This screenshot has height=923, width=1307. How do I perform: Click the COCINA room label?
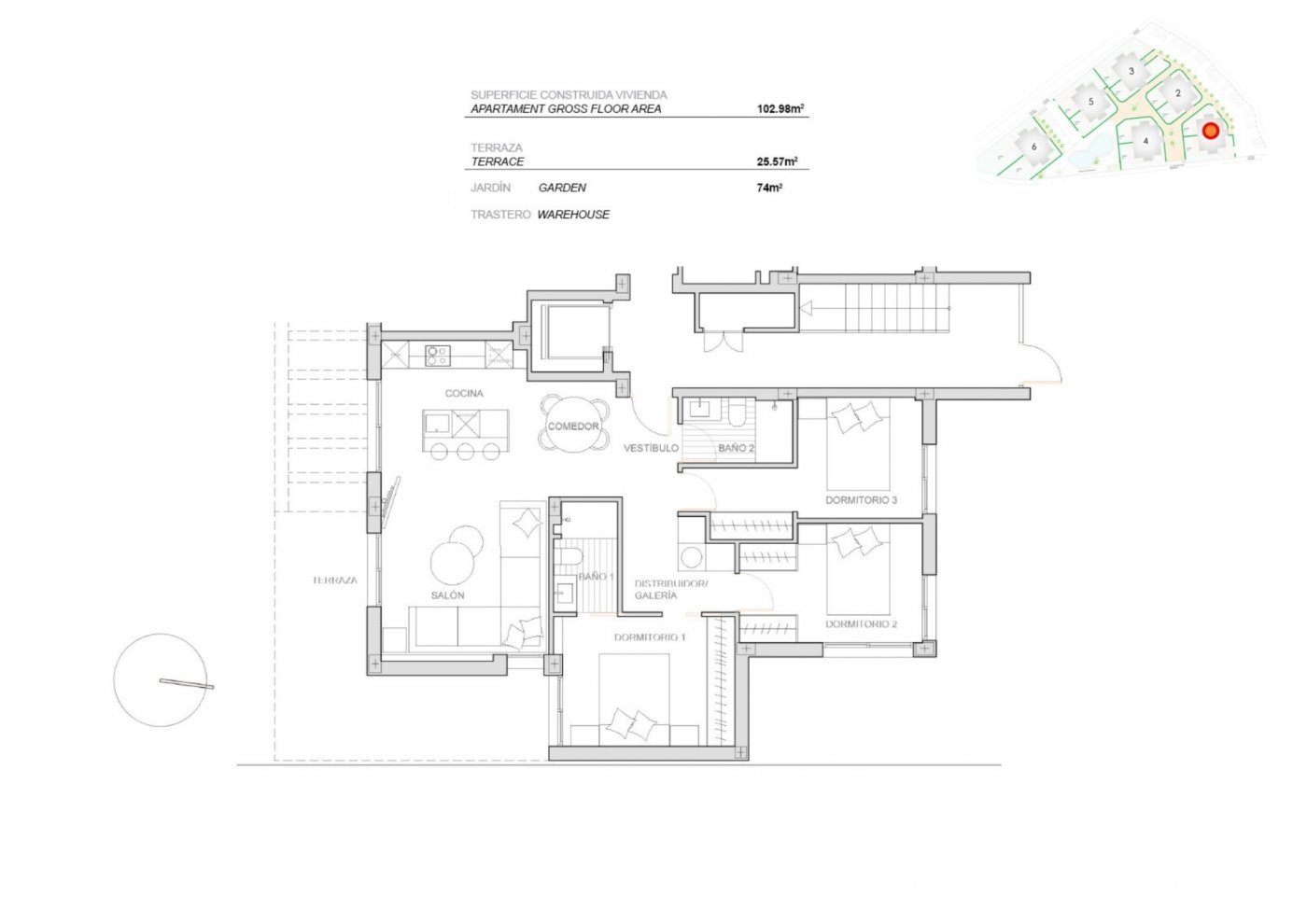tap(464, 394)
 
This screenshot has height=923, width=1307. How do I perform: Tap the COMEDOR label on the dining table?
tap(573, 427)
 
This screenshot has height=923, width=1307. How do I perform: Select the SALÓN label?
tap(447, 595)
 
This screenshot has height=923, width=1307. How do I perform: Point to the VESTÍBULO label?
tap(651, 449)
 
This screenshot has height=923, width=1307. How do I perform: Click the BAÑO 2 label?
tap(736, 449)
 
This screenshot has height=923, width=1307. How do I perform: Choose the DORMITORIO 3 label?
tap(861, 501)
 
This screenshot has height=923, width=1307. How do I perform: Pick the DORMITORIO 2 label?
tap(861, 624)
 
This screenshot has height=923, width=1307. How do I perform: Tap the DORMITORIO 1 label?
tap(650, 638)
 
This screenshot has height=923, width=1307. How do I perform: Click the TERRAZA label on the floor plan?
tap(334, 580)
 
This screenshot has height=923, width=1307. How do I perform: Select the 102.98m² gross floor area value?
tap(780, 109)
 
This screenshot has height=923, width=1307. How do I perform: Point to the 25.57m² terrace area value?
tap(777, 161)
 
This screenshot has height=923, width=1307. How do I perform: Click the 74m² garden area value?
tap(768, 188)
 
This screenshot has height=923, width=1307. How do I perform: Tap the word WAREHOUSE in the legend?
tap(573, 215)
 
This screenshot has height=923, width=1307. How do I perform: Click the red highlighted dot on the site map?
tap(1209, 132)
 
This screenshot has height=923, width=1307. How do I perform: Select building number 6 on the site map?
tap(1033, 147)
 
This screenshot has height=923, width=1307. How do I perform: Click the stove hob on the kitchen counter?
tap(438, 355)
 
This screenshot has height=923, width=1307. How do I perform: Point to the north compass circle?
tap(160, 680)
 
